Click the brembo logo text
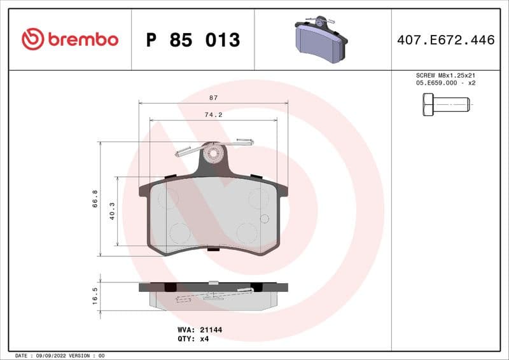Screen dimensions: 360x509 point(82,39)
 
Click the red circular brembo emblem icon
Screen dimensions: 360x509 point(32,39)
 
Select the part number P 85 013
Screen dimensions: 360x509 point(193,40)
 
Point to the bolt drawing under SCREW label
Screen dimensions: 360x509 point(445,104)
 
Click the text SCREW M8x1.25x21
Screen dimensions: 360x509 point(445,75)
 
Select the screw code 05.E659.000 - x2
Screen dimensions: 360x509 point(445,83)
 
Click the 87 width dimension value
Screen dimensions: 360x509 point(213,98)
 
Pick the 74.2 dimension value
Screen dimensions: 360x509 point(213,115)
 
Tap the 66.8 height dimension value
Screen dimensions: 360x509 point(95,198)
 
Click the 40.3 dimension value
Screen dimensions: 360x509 point(112,211)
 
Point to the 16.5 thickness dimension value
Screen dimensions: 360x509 point(95,296)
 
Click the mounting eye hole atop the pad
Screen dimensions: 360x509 point(214,153)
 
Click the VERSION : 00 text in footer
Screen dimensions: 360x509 point(87,355)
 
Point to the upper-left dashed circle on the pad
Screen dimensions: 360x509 point(168,199)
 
